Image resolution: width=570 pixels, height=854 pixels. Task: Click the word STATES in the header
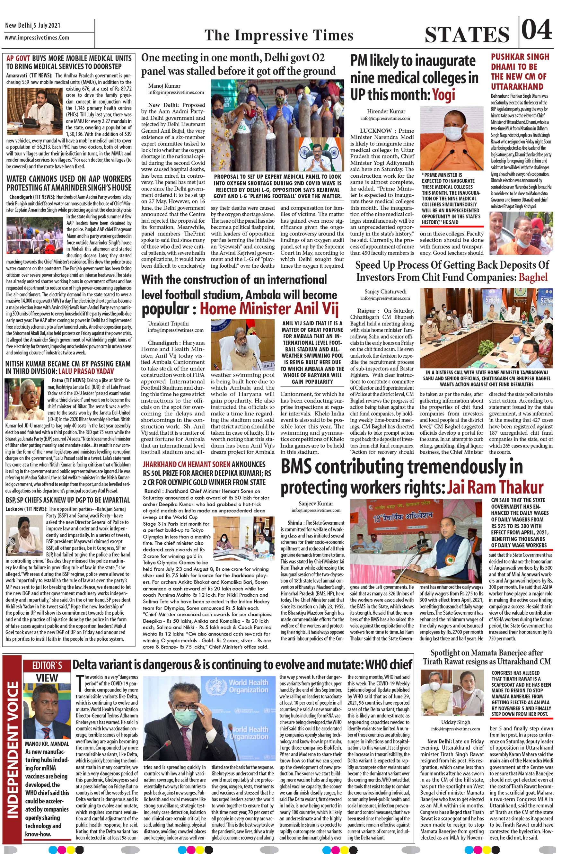467,35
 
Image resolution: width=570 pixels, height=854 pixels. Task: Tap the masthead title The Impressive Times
279,36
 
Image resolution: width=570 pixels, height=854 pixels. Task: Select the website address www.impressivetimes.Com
37,38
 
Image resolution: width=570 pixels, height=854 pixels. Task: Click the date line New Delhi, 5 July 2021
33,25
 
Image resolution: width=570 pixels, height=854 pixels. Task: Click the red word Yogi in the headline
443,95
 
